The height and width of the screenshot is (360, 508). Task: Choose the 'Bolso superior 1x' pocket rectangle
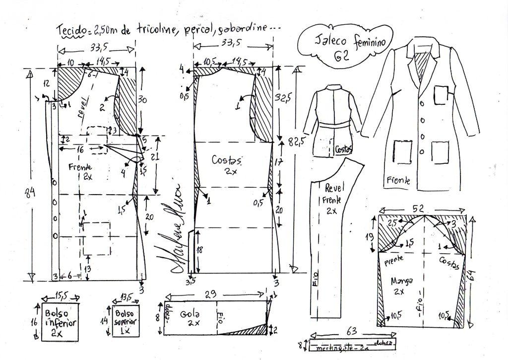126,320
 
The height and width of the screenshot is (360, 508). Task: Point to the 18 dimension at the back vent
198,250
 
